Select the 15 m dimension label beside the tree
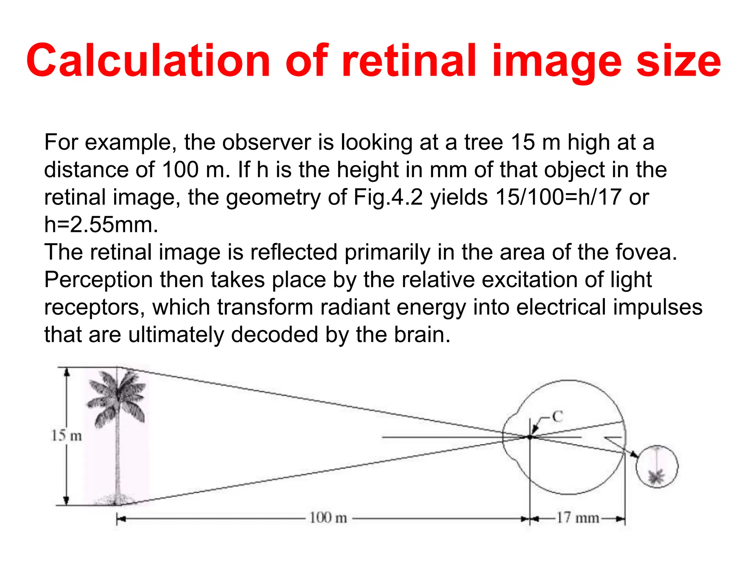click(x=67, y=435)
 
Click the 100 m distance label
click(x=328, y=518)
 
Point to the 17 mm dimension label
click(x=578, y=518)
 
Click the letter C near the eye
click(x=557, y=416)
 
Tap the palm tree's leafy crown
click(x=116, y=397)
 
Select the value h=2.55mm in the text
click(x=101, y=224)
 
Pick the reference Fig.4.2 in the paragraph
click(x=388, y=197)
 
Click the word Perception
click(x=98, y=280)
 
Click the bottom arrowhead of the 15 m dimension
click(x=67, y=500)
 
